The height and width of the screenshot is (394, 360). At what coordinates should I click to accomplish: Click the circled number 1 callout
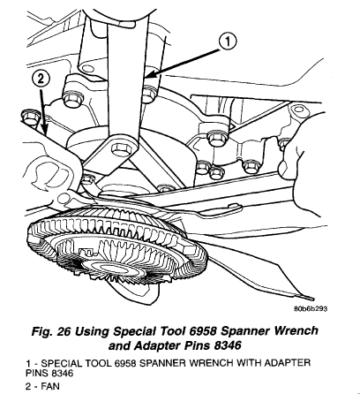[x=228, y=42]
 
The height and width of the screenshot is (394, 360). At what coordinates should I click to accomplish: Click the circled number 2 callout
[x=41, y=79]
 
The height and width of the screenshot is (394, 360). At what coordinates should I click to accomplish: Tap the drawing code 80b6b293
[x=311, y=308]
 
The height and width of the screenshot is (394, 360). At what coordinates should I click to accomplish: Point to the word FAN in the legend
[x=50, y=386]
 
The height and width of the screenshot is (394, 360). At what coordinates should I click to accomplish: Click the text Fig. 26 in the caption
[x=51, y=331]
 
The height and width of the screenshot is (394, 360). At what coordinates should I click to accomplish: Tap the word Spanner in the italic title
[x=245, y=331]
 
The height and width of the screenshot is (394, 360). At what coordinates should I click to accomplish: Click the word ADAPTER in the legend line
[x=287, y=362]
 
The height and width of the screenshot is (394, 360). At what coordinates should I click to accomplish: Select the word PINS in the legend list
[x=37, y=374]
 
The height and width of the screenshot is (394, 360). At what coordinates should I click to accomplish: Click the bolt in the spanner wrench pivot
[x=121, y=149]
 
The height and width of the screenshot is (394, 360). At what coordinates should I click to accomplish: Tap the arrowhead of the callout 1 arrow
[x=148, y=76]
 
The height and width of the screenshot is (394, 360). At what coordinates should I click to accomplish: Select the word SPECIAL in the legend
[x=62, y=362]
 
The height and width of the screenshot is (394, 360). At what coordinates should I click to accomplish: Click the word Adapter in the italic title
[x=158, y=346]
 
